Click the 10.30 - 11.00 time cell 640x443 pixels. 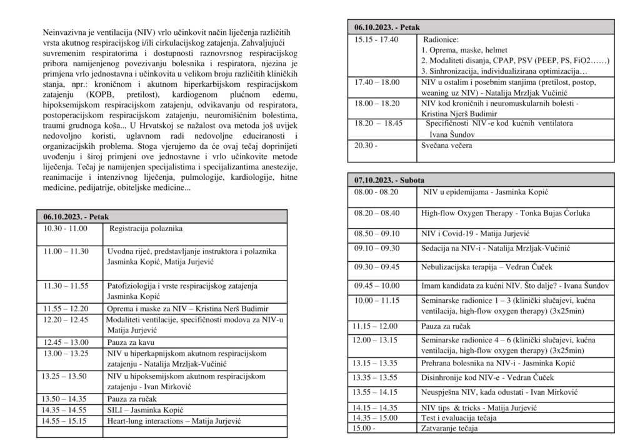(65, 229)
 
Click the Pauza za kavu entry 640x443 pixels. (131, 342)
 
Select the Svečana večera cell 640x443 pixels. (447, 146)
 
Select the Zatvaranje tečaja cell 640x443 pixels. (449, 428)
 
